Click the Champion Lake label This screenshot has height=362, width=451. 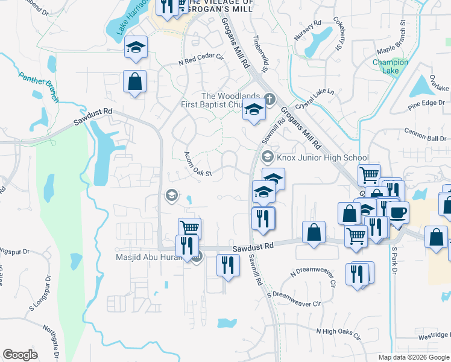point(390,66)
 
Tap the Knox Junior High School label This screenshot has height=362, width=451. point(322,158)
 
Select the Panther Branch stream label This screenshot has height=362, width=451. point(40,86)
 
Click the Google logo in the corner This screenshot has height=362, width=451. point(20,355)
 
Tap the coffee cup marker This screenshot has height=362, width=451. point(398,212)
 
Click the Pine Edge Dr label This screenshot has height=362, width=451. point(426,104)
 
